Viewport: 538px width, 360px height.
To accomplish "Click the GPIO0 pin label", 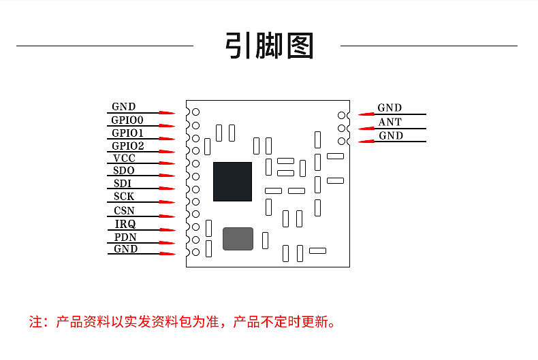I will coord(127,120).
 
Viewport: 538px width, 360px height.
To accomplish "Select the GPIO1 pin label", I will coord(127,133).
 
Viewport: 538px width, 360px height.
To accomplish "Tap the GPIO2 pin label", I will coord(127,146).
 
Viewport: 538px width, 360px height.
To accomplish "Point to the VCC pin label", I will coord(124,159).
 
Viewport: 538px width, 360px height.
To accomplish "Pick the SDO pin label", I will coord(124,171).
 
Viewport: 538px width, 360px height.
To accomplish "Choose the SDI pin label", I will coord(123,184).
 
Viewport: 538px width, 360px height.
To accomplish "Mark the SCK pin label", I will coord(124,197).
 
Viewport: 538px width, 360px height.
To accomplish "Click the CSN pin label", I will coord(124,210).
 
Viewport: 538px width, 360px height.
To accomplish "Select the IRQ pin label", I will coord(125,224).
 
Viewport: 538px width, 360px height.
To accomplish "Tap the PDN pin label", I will coord(125,237).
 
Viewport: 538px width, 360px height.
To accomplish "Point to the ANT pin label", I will coord(390,122).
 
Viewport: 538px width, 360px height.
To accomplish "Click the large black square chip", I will coord(232,182).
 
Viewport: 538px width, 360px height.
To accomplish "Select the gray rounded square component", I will coord(238,238).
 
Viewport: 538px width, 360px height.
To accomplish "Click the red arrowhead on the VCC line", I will coord(167,163).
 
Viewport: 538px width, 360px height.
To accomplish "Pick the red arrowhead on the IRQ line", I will coord(167,229).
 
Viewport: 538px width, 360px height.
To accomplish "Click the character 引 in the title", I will coord(240,46).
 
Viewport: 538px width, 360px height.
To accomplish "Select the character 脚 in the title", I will coord(269,46).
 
